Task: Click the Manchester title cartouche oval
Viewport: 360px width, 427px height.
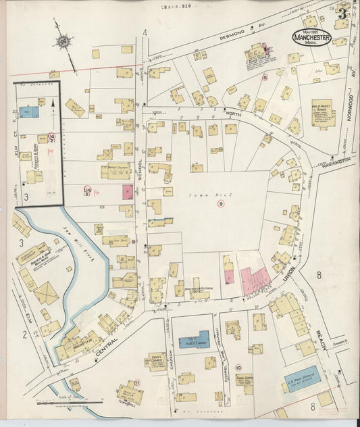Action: pyautogui.click(x=311, y=37)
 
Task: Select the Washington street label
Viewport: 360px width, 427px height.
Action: pyautogui.click(x=336, y=162)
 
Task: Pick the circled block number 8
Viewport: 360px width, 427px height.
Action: pyautogui.click(x=265, y=78)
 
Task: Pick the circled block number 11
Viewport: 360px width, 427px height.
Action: pyautogui.click(x=138, y=383)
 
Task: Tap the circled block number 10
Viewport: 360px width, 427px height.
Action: pyautogui.click(x=238, y=349)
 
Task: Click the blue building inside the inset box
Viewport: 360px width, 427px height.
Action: pyautogui.click(x=28, y=111)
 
